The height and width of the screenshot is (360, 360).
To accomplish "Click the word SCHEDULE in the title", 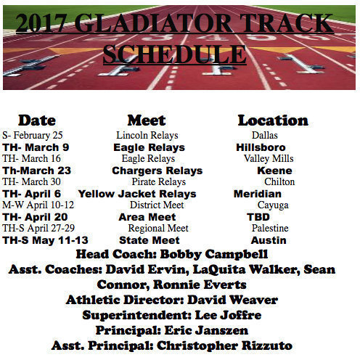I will point(174,54).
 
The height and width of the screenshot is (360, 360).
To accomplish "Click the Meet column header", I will point(146,120).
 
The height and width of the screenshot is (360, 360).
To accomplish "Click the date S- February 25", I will point(33,135).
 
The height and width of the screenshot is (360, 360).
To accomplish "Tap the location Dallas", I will point(265,135).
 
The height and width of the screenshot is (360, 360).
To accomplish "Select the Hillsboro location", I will point(261,147).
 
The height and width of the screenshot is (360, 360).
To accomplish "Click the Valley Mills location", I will point(269,158).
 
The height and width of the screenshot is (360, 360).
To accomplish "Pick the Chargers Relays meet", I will point(157,171).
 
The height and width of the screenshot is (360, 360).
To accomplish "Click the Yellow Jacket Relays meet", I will point(137,194).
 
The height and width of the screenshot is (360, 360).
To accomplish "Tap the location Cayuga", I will point(273,205).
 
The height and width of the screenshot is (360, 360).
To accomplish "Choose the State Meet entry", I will point(150,240).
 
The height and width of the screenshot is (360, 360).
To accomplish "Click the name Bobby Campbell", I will point(221,255).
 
